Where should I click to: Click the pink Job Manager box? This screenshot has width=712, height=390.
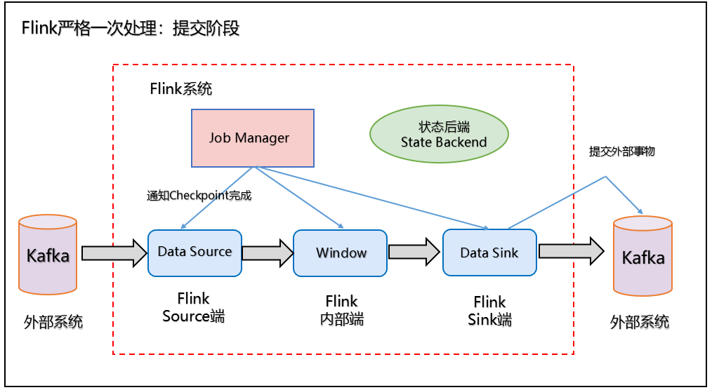tap(253, 137)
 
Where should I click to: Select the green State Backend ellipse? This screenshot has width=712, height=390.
tap(439, 134)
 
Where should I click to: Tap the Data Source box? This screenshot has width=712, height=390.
tap(195, 253)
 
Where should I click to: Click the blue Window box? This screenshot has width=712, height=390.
tap(341, 253)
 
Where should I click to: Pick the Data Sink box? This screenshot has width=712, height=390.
tap(489, 253)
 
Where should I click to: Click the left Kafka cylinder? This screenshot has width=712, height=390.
tap(48, 255)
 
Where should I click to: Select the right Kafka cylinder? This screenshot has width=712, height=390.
tap(642, 257)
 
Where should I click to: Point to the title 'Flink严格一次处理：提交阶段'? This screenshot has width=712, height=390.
tap(131, 29)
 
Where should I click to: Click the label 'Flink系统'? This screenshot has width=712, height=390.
tap(181, 89)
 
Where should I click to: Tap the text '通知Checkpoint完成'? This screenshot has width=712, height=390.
tap(199, 196)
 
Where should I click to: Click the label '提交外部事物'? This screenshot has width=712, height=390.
tap(622, 151)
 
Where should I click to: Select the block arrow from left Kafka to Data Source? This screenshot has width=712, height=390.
tap(114, 253)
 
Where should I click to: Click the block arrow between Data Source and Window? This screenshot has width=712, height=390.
tap(268, 253)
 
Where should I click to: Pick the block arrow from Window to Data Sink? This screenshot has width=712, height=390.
tap(414, 253)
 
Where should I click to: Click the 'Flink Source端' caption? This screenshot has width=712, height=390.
tap(194, 307)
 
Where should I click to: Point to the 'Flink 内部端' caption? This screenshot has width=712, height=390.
tap(341, 309)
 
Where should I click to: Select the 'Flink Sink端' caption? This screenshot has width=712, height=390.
tap(489, 310)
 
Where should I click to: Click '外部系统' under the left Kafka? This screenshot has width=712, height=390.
tap(53, 322)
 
